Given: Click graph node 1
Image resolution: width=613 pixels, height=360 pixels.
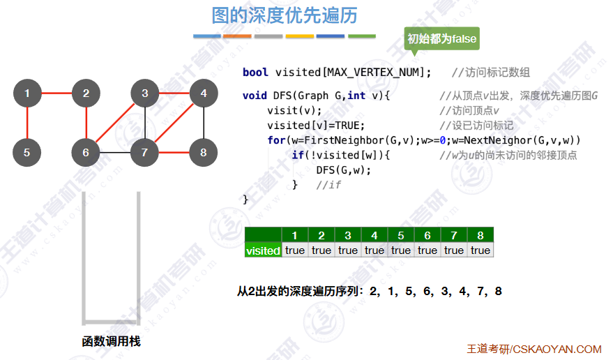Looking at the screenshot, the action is click(x=27, y=93).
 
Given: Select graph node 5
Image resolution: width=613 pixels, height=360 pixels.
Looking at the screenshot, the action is click(x=27, y=152).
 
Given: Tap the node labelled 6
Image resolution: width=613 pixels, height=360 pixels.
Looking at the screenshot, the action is click(x=86, y=152).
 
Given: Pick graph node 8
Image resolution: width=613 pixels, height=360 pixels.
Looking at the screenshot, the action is click(x=203, y=152).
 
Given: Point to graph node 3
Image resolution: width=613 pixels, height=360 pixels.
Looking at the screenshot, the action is click(x=144, y=93).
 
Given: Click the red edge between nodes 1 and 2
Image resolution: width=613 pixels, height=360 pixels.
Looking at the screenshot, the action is click(x=56, y=93).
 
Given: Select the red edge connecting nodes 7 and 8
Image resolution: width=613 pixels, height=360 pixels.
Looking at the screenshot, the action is click(x=174, y=152).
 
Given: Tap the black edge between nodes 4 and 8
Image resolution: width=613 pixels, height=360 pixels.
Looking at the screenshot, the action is click(x=203, y=123).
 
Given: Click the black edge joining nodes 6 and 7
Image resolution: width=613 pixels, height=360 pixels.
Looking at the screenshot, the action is click(x=115, y=152).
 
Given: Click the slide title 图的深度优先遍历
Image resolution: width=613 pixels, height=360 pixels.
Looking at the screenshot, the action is click(x=284, y=15).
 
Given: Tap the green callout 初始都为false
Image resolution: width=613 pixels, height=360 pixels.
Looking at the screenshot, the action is click(x=442, y=38).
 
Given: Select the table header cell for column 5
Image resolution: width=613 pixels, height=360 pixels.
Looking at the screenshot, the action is click(x=401, y=235).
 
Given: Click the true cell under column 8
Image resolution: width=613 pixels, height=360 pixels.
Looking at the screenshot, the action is click(x=480, y=250).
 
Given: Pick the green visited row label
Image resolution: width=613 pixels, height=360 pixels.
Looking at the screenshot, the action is click(x=263, y=250).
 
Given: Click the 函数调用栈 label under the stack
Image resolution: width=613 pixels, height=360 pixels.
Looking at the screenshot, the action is click(x=111, y=341).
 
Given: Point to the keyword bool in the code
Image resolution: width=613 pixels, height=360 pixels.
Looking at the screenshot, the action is click(x=255, y=73).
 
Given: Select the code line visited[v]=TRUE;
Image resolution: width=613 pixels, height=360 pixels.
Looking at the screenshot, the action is click(x=316, y=126).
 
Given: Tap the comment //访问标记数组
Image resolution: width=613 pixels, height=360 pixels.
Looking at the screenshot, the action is click(x=490, y=73).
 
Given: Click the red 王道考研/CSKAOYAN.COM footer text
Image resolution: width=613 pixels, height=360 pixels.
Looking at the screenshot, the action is click(x=533, y=349).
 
